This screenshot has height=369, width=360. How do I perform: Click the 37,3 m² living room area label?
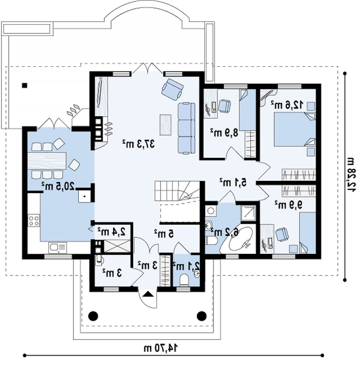138,143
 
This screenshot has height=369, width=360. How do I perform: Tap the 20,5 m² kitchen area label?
58,186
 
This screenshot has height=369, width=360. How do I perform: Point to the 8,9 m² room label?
224,133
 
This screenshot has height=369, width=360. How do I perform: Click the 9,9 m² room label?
289,205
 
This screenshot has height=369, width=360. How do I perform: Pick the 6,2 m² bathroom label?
225,232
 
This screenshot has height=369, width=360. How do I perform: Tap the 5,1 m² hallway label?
233,182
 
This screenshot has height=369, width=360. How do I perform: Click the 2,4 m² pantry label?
112,232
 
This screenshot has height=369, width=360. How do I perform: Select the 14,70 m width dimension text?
161,347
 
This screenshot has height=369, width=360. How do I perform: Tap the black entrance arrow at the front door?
148,294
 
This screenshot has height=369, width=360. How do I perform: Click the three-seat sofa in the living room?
186,128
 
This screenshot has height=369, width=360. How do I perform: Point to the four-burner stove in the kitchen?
34,220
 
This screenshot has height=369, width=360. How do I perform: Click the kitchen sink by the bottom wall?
58,248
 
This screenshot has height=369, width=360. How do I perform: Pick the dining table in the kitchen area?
47,161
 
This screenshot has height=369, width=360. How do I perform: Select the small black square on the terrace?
25,85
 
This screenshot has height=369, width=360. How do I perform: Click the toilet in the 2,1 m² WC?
184,280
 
